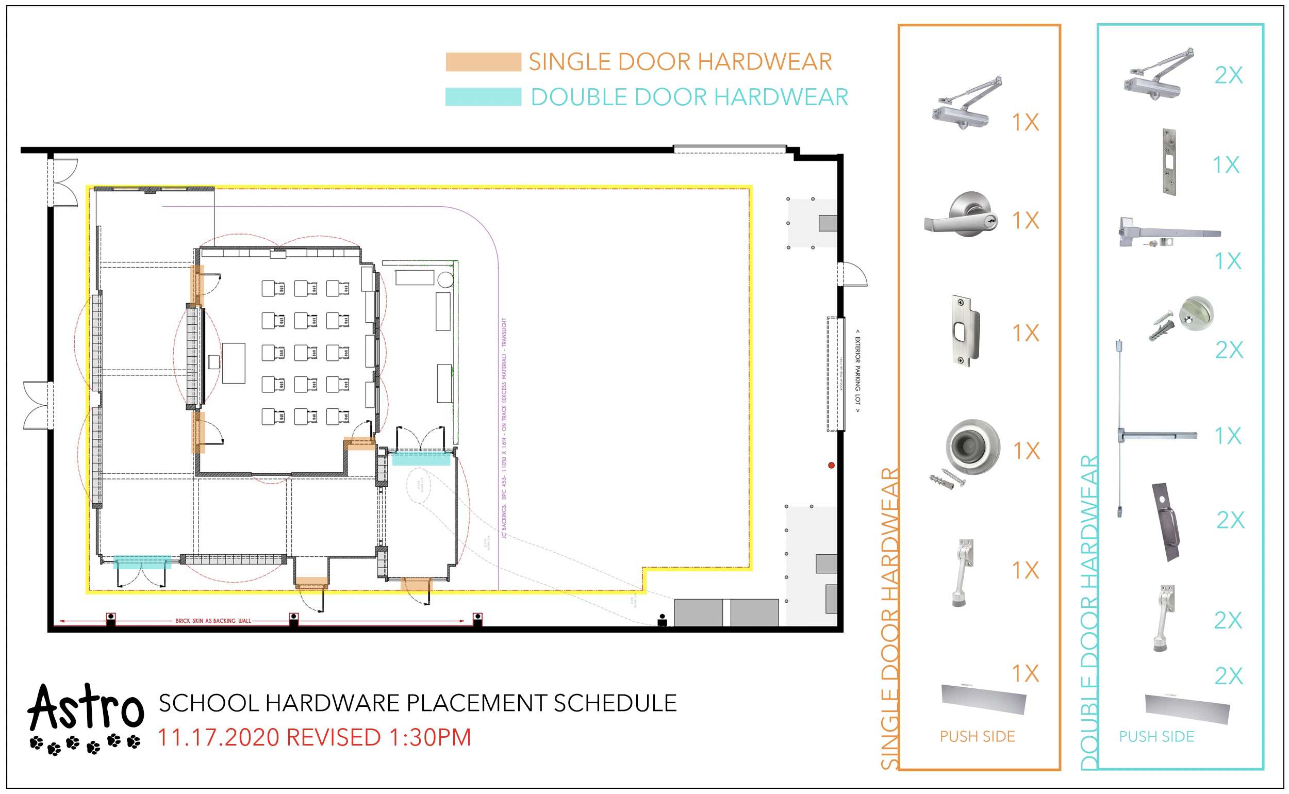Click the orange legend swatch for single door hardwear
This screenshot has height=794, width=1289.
coord(483,62)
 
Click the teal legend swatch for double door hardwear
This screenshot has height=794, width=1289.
coord(483,97)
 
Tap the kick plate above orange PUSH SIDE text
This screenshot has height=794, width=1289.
coord(983,699)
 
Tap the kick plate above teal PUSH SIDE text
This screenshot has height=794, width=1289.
coord(1186,709)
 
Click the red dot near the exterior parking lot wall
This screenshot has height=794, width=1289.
coord(831,465)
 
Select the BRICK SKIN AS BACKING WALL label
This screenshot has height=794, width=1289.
coord(213,621)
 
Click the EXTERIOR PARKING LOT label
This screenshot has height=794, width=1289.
coord(857,371)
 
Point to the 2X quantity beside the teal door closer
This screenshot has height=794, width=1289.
coord(1229,76)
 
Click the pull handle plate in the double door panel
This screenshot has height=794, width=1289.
coord(1166,522)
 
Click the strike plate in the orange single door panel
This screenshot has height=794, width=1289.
coord(965,331)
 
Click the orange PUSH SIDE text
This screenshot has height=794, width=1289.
coord(977,737)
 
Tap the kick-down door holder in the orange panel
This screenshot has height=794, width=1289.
coord(964,572)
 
